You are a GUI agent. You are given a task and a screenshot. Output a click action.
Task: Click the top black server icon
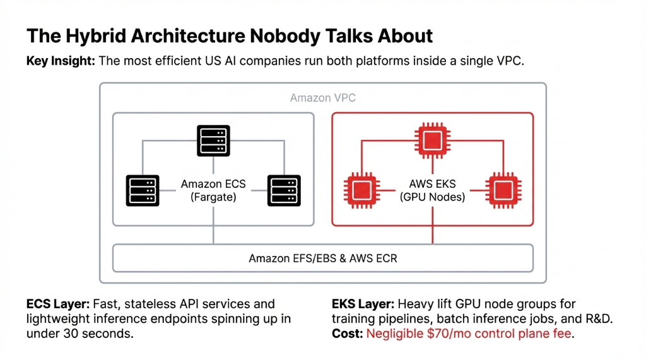[x=213, y=141]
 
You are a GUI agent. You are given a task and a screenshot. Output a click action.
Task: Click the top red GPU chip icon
[x=432, y=141]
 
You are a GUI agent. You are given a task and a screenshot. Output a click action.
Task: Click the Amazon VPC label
[x=322, y=98]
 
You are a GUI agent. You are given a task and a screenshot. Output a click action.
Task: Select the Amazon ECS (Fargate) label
[x=213, y=190]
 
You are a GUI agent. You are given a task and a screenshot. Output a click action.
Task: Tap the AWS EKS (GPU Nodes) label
[x=432, y=190]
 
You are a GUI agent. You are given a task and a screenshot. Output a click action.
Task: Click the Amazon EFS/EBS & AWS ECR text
[x=322, y=258]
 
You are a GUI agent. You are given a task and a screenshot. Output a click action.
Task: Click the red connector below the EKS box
[x=432, y=235]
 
